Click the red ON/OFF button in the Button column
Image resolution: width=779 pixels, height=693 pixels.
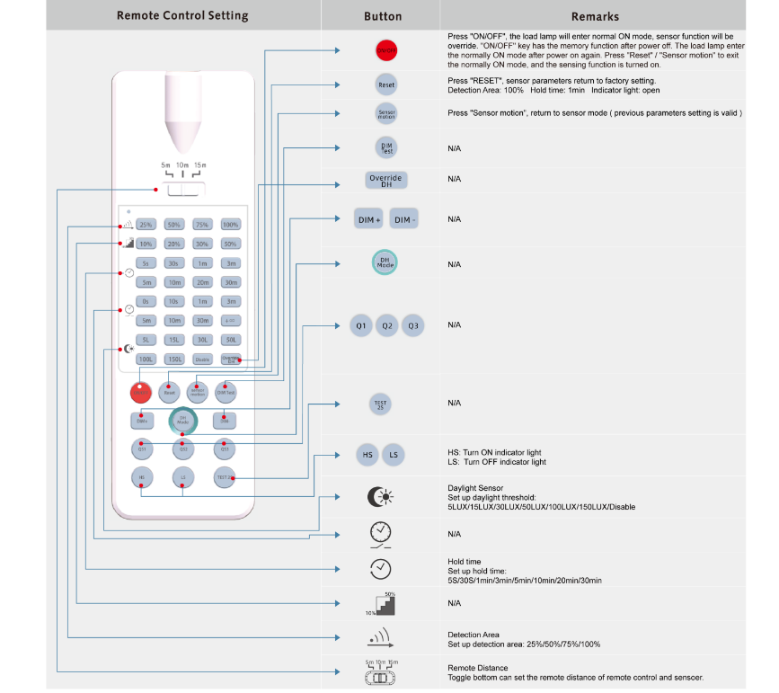pyautogui.click(x=385, y=50)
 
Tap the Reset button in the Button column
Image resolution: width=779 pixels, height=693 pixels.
pyautogui.click(x=385, y=84)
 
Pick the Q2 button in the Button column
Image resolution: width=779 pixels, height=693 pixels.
pyautogui.click(x=386, y=325)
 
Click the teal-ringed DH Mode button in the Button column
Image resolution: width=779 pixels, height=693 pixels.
pyautogui.click(x=385, y=262)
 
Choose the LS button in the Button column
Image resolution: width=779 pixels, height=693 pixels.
pyautogui.click(x=394, y=456)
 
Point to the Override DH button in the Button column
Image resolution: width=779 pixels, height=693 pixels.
pyautogui.click(x=386, y=180)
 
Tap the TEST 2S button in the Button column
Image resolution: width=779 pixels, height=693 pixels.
pyautogui.click(x=381, y=404)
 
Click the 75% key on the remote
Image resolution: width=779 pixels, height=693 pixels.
pyautogui.click(x=202, y=225)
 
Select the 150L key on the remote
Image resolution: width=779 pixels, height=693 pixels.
pyautogui.click(x=174, y=359)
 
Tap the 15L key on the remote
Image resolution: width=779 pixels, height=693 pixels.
pyautogui.click(x=174, y=340)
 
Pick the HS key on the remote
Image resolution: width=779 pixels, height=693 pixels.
pyautogui.click(x=141, y=476)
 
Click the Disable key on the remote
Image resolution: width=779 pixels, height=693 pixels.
pyautogui.click(x=202, y=359)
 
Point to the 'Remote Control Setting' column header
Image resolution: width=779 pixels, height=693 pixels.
pyautogui.click(x=182, y=15)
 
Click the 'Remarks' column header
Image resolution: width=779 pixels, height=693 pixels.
pyautogui.click(x=595, y=16)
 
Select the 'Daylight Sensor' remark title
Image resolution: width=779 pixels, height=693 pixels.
pyautogui.click(x=475, y=488)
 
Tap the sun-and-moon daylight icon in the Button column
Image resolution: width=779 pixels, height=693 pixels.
pyautogui.click(x=380, y=497)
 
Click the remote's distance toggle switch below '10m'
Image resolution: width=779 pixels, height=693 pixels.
pyautogui.click(x=182, y=190)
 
